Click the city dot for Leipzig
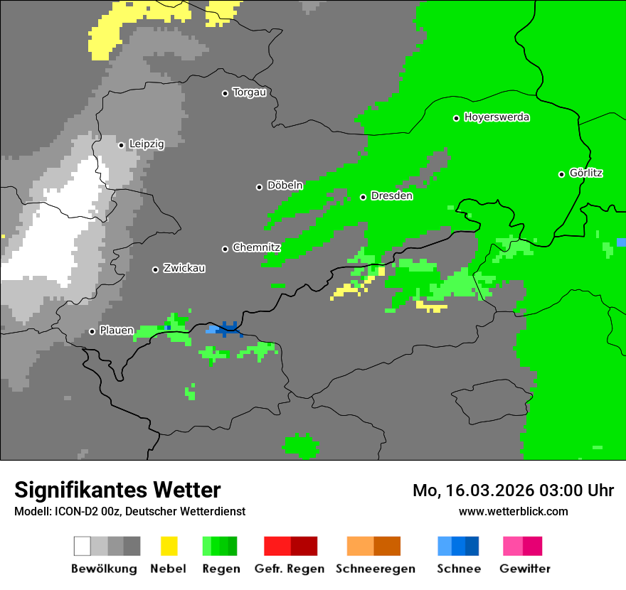[121, 145]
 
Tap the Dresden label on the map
[391, 196]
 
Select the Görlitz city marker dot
[561, 174]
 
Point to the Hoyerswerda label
[497, 117]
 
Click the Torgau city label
[249, 92]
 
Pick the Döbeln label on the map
[285, 186]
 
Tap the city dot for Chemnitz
[225, 249]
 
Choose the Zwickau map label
[184, 269]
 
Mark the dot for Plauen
[92, 331]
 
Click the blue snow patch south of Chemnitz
[228, 329]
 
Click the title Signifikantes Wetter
[117, 490]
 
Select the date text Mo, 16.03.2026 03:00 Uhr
[513, 490]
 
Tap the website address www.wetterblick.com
[513, 511]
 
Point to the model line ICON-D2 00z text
[129, 511]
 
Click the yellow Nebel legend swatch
[169, 546]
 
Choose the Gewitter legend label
[524, 569]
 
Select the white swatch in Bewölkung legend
[82, 546]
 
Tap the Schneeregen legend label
[375, 569]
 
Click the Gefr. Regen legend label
[290, 569]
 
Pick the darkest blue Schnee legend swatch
[472, 546]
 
